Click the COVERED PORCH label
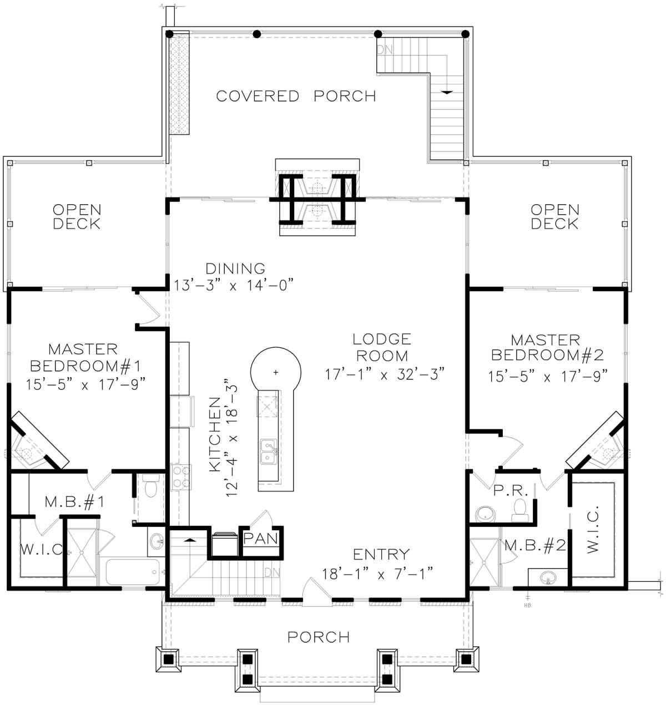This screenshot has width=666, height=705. click(x=296, y=96)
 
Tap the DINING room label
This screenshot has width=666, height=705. click(x=235, y=268)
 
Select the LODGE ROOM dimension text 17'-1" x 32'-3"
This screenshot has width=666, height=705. click(x=385, y=374)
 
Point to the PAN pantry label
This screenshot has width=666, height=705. click(x=260, y=539)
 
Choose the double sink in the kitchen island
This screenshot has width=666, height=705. click(x=269, y=452)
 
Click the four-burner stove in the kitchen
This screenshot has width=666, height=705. click(x=181, y=477)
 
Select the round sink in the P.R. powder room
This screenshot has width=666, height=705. click(x=485, y=514)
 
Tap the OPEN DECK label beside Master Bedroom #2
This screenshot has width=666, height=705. click(x=555, y=216)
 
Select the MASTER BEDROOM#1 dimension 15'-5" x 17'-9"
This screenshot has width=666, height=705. click(x=85, y=384)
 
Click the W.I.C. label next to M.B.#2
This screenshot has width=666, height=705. click(x=593, y=529)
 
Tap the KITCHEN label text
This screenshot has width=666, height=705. click(x=215, y=434)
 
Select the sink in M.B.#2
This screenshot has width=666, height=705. click(x=548, y=577)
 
